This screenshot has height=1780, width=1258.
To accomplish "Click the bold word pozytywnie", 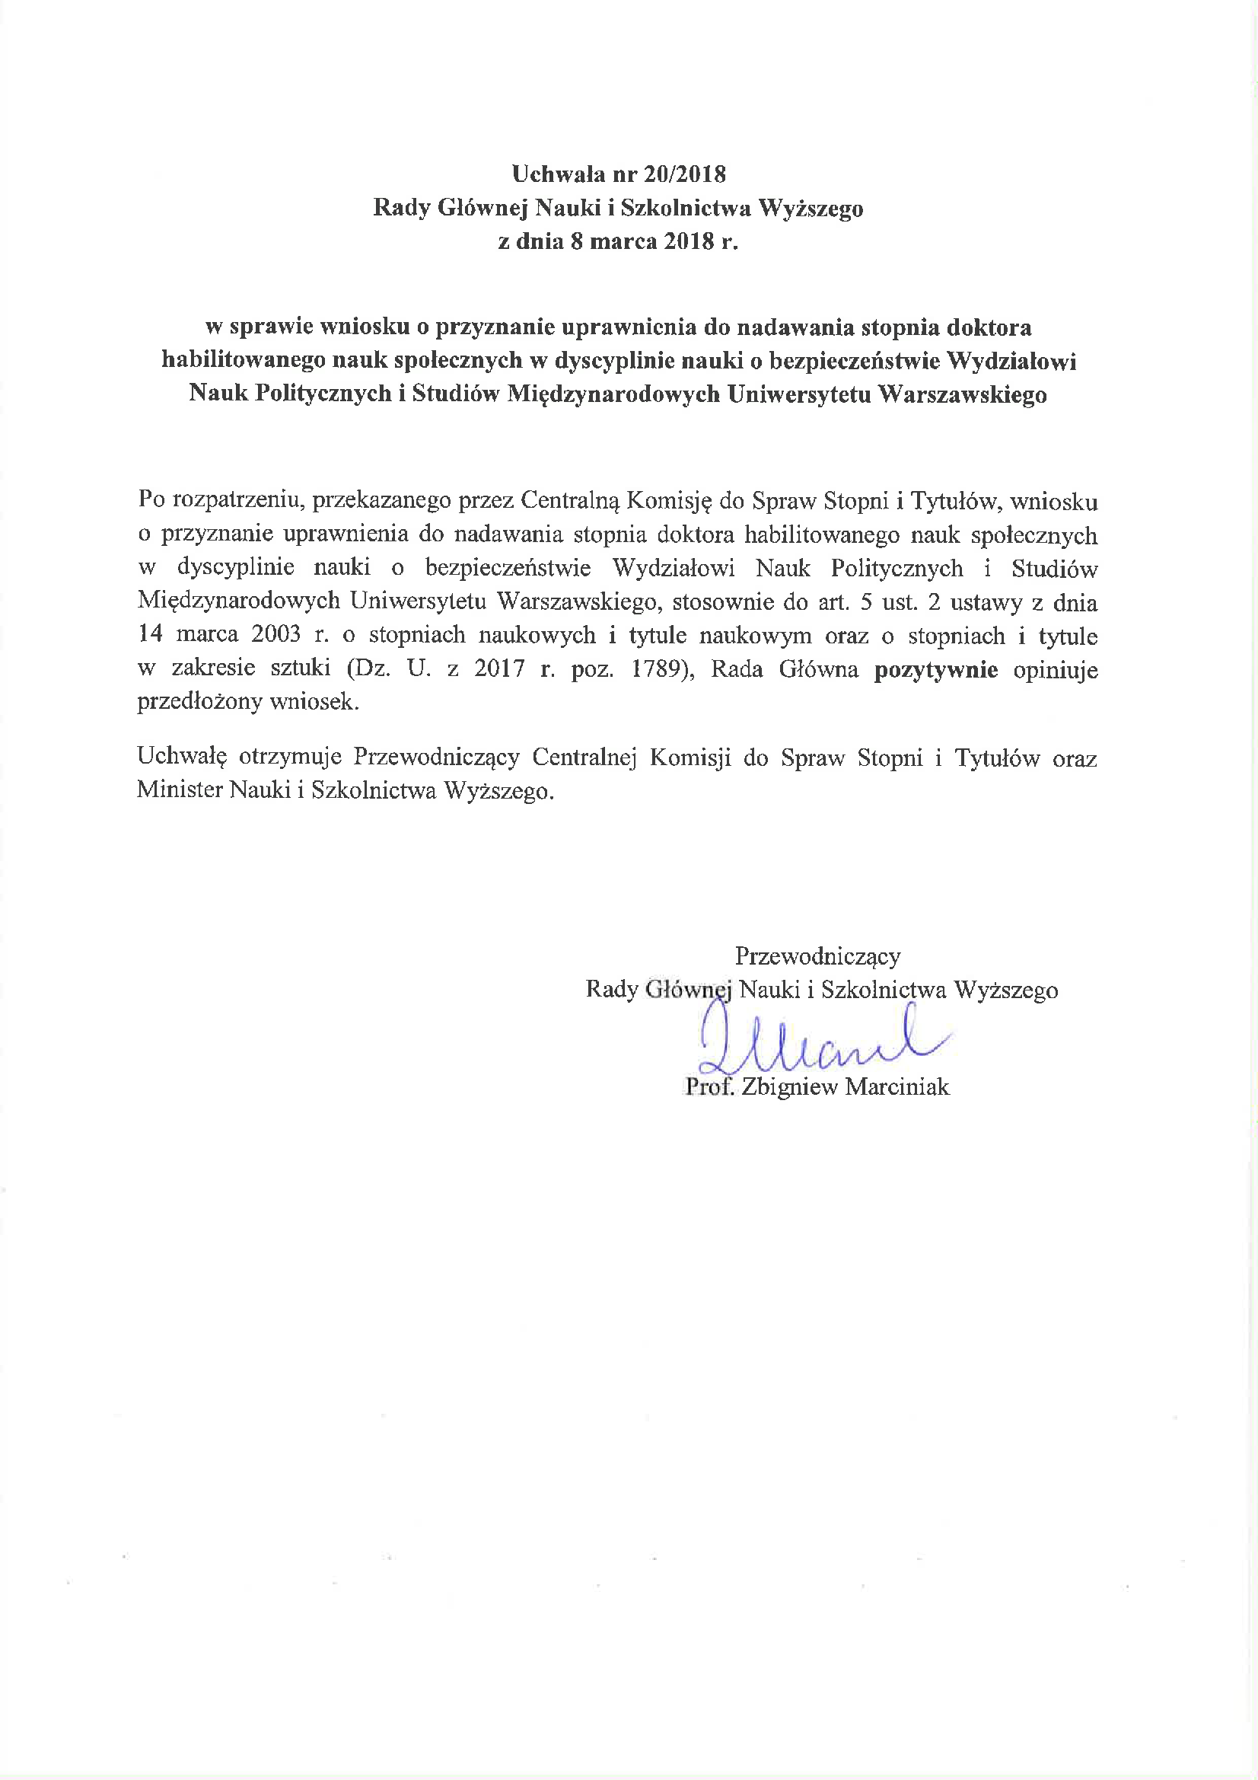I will [x=935, y=669].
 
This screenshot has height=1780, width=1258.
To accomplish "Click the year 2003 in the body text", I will [x=276, y=635].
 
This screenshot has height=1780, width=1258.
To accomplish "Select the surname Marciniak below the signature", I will [x=897, y=1087].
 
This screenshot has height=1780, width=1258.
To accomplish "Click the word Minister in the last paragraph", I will [x=179, y=790].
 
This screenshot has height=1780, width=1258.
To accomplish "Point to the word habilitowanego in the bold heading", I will [x=244, y=361].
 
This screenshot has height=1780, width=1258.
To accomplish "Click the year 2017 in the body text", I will [x=499, y=669].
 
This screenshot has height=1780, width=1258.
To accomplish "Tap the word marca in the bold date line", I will [x=626, y=241].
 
